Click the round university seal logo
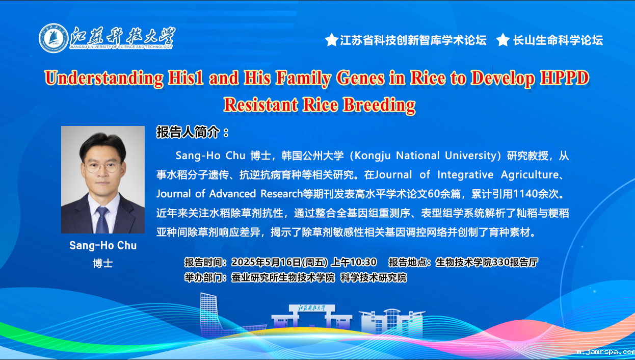[x=54, y=38]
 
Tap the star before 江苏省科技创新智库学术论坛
[x=331, y=40]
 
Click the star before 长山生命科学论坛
[x=503, y=40]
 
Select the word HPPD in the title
[x=564, y=78]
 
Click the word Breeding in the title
[x=379, y=105]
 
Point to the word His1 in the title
[x=186, y=78]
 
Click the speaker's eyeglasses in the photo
[x=102, y=167]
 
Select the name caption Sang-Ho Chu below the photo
[x=103, y=245]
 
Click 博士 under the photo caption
[x=102, y=264]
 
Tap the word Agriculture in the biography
[x=530, y=175]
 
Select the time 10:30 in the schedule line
[x=364, y=262]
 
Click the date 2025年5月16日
[x=266, y=262]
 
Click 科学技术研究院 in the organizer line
[x=374, y=278]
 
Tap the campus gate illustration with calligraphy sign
[x=312, y=318]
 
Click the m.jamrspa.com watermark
[x=605, y=352]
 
